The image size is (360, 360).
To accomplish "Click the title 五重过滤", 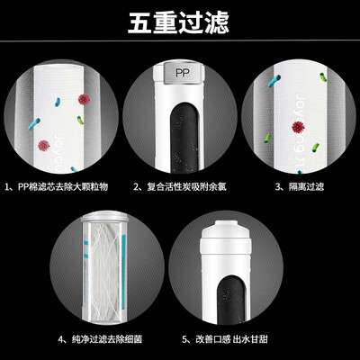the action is coord(178,22).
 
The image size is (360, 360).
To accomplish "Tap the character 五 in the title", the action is coord(139,22).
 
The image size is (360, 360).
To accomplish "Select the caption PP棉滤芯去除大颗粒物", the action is coord(57,187).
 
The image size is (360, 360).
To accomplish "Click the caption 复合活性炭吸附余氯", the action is coord(180,187).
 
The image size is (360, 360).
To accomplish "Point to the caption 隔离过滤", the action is coord(300,187).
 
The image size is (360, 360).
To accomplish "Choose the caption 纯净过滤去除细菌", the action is coord(100,339).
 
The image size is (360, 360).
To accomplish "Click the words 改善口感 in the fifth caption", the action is coord(213,339).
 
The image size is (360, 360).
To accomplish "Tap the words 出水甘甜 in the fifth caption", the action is coord(250,339).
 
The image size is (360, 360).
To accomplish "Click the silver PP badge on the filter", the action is coord(183,73).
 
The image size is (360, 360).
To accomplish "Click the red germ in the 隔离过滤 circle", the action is coord(298,127).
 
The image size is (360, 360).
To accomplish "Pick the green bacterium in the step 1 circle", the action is coord(80,121).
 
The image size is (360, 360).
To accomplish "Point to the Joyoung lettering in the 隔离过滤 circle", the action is coord(300,132).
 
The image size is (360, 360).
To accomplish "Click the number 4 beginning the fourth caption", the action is coord(61,339).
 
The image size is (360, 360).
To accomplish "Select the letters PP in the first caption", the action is coord(22,187).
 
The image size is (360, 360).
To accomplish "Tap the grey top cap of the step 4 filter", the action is coord(104,217).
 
